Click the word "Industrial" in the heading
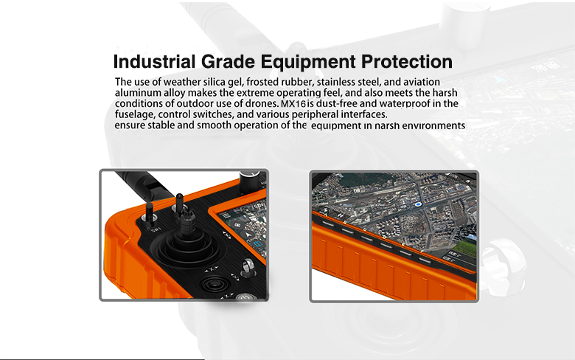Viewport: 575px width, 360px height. (154, 62)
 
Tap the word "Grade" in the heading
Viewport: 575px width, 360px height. (228, 62)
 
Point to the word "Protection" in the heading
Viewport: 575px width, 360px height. (407, 62)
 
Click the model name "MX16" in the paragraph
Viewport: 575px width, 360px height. (293, 104)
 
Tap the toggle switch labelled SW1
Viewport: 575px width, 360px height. (150, 214)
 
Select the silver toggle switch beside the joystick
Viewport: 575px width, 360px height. (248, 269)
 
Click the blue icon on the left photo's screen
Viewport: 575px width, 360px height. (259, 243)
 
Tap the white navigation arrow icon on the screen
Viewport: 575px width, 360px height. (248, 234)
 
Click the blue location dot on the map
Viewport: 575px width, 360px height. (418, 204)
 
